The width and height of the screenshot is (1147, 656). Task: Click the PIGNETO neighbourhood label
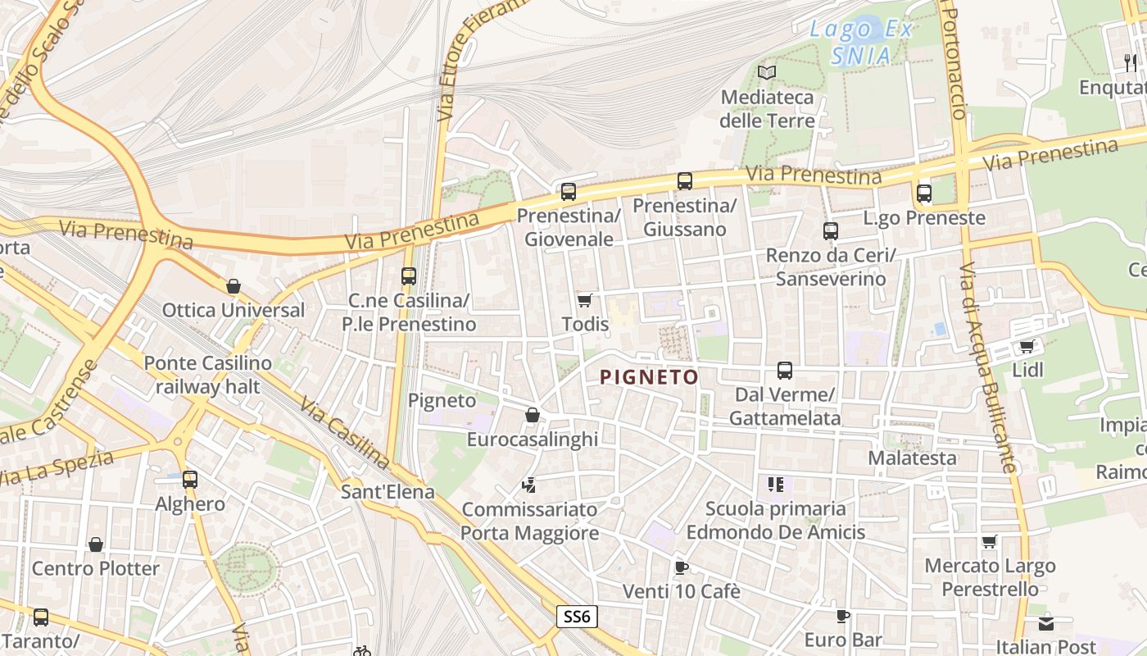pyautogui.click(x=649, y=377)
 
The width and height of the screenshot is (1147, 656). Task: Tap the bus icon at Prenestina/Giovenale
pyautogui.click(x=568, y=192)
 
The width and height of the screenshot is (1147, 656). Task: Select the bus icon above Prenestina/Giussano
pyautogui.click(x=684, y=181)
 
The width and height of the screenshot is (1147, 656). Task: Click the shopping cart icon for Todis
pyautogui.click(x=584, y=300)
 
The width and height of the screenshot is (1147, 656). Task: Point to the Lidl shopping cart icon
pyautogui.click(x=1027, y=346)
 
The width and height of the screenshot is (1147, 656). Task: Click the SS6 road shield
pyautogui.click(x=577, y=617)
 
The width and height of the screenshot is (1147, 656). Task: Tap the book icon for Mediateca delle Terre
pyautogui.click(x=767, y=73)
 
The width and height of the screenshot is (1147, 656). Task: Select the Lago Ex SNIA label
pyautogui.click(x=861, y=43)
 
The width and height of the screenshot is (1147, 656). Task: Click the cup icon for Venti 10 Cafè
pyautogui.click(x=681, y=567)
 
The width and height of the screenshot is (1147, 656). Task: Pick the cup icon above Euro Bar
pyautogui.click(x=843, y=616)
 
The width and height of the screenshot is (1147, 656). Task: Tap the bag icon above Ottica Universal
pyautogui.click(x=233, y=286)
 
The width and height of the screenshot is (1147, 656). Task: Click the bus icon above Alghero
pyautogui.click(x=190, y=479)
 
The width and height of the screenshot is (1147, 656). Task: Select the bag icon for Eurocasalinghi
pyautogui.click(x=532, y=415)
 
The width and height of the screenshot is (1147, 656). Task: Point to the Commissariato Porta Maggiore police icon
pyautogui.click(x=529, y=485)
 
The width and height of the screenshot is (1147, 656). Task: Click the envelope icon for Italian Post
pyautogui.click(x=1046, y=623)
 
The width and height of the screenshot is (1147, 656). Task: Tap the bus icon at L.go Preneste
pyautogui.click(x=924, y=194)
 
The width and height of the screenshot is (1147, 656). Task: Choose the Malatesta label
pyautogui.click(x=912, y=458)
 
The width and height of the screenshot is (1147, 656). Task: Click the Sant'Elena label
pyautogui.click(x=388, y=493)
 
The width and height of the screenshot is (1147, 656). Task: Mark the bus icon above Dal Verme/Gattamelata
pyautogui.click(x=785, y=371)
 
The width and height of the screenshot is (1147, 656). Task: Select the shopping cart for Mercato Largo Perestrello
pyautogui.click(x=990, y=542)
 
